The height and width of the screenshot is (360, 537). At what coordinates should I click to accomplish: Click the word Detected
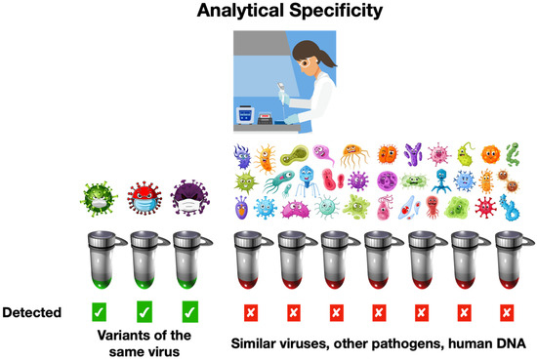tap(33, 313)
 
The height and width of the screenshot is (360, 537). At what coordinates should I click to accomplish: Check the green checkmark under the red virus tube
tap(143, 313)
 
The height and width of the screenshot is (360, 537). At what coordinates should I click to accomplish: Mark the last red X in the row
tap(506, 313)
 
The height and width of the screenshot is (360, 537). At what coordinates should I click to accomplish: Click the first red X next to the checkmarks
tap(250, 313)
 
